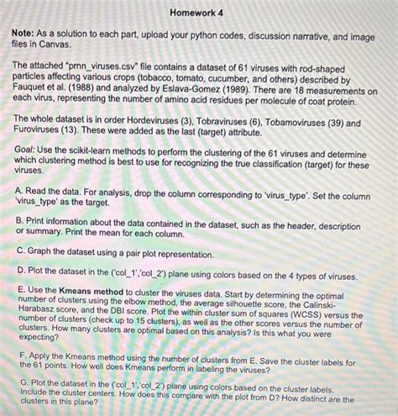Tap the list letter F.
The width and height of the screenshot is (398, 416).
pyautogui.click(x=19, y=355)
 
